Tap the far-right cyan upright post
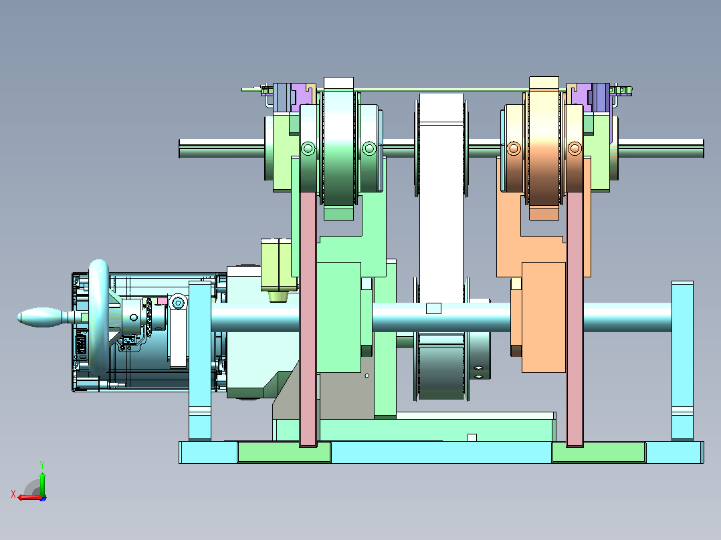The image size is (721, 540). coord(682,361)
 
